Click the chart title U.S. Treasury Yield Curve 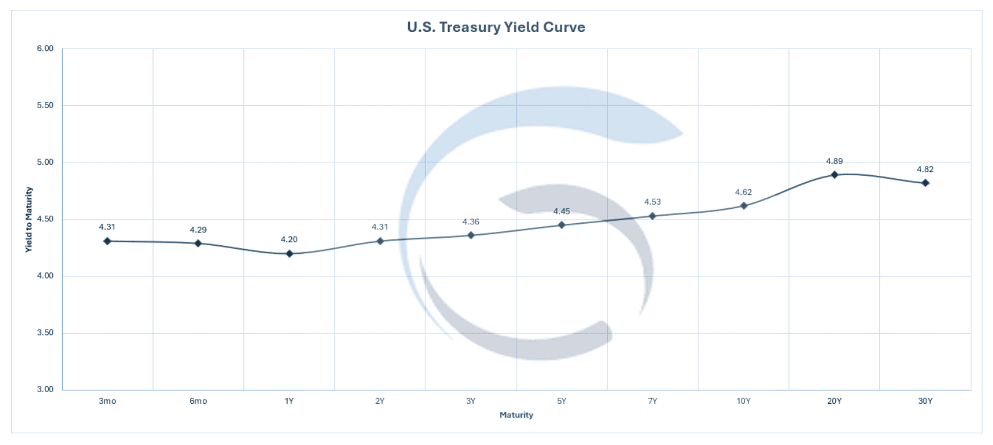pyautogui.click(x=496, y=27)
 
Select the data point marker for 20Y pyautogui.click(x=834, y=175)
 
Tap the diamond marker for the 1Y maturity pyautogui.click(x=289, y=253)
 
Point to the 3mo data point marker pyautogui.click(x=108, y=241)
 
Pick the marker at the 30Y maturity pyautogui.click(x=925, y=183)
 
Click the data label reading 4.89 pyautogui.click(x=834, y=161)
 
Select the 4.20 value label pyautogui.click(x=289, y=239)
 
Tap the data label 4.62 pyautogui.click(x=744, y=192)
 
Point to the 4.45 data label pyautogui.click(x=562, y=211)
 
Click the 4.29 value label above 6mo pyautogui.click(x=198, y=229)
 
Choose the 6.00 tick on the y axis pyautogui.click(x=45, y=49)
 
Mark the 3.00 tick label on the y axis pyautogui.click(x=45, y=389)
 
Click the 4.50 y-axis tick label pyautogui.click(x=45, y=219)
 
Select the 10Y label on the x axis pyautogui.click(x=744, y=401)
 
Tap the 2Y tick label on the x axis pyautogui.click(x=380, y=401)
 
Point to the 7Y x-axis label pyautogui.click(x=653, y=401)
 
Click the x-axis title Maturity pyautogui.click(x=516, y=415)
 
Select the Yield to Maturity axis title pyautogui.click(x=28, y=219)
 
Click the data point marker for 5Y pyautogui.click(x=562, y=225)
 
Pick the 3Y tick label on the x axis pyautogui.click(x=471, y=401)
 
